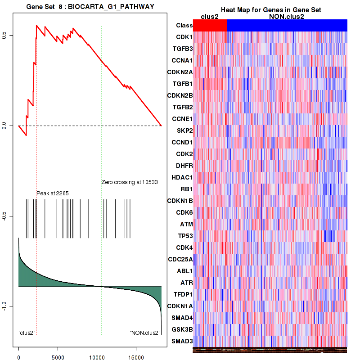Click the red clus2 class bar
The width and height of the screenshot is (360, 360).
pyautogui.click(x=210, y=26)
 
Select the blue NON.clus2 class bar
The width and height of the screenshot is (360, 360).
pyautogui.click(x=287, y=26)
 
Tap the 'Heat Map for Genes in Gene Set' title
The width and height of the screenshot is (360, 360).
pyautogui.click(x=270, y=10)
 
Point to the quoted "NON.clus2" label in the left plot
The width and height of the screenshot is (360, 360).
pyautogui.click(x=145, y=333)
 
